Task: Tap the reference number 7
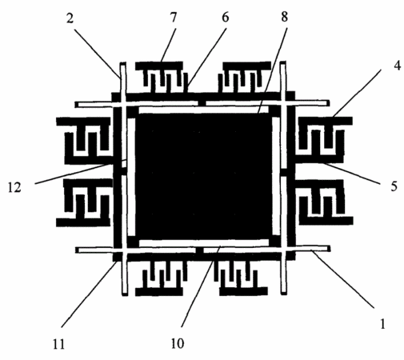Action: tap(174, 18)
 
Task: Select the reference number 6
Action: tap(226, 18)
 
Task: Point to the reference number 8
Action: tap(284, 17)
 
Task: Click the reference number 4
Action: tap(397, 65)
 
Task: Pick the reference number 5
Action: tap(394, 186)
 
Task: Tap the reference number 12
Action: tap(14, 187)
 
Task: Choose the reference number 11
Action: tap(58, 344)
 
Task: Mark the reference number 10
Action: tap(178, 343)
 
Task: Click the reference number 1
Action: tap(382, 324)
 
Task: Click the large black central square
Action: tap(203, 176)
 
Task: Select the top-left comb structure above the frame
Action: tap(159, 78)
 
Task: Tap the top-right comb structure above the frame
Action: tap(246, 78)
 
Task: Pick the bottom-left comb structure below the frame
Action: tap(161, 278)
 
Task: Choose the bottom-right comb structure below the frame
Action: tap(242, 278)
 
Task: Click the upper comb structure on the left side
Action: tap(85, 141)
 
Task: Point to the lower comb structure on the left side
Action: tap(85, 202)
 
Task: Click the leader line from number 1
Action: tap(343, 279)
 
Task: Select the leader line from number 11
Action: tap(89, 294)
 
